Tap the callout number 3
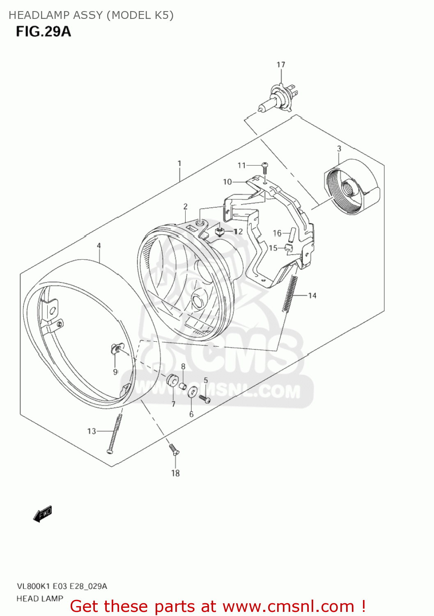(339, 149)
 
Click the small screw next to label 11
(265, 167)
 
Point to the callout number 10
(227, 182)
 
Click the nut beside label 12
(220, 232)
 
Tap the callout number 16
(277, 233)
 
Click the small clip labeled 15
(289, 247)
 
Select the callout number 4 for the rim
(99, 246)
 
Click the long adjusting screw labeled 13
(114, 433)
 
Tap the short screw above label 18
(174, 449)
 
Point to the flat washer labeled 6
(192, 393)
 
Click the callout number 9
(115, 372)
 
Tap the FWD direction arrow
(43, 514)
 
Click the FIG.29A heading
(44, 32)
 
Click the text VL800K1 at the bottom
(33, 586)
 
